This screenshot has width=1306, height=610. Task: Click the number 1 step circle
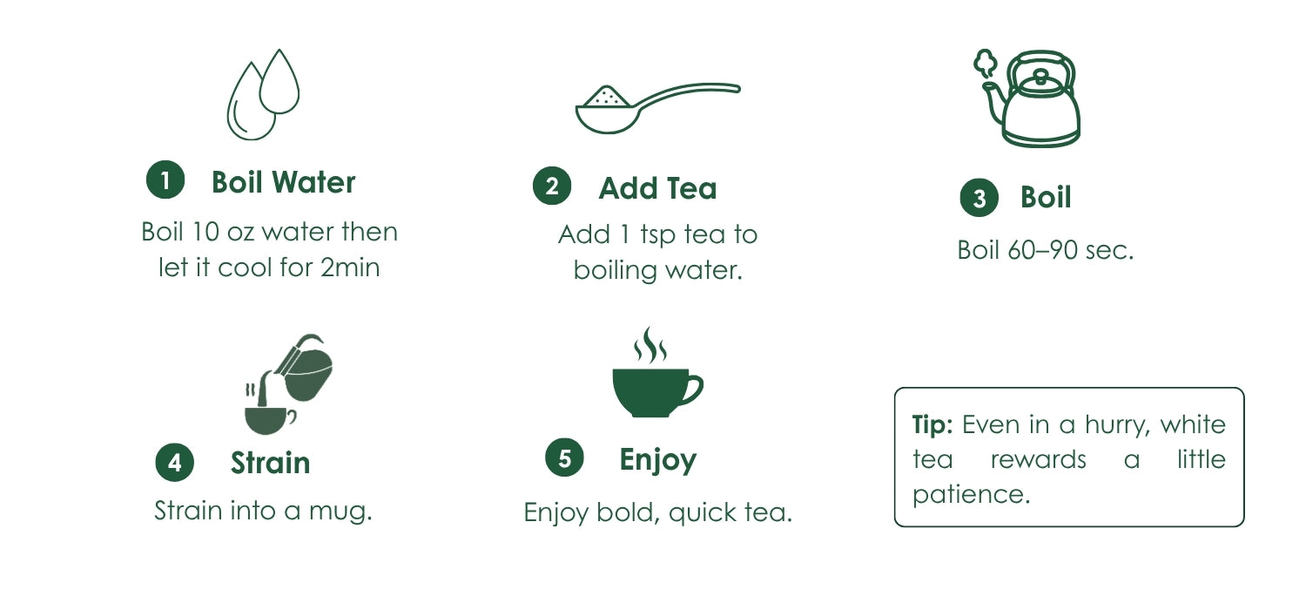[165, 180]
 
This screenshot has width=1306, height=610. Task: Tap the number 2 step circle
[552, 186]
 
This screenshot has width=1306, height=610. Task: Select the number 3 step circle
[979, 198]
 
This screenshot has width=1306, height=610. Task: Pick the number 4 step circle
[175, 463]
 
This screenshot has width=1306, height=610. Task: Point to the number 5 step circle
[564, 457]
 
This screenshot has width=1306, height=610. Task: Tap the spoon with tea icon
[657, 109]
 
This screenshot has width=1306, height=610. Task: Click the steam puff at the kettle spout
[985, 63]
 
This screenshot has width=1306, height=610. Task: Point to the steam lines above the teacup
[650, 344]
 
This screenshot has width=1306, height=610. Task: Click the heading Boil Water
[283, 182]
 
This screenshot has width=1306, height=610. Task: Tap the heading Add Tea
[657, 188]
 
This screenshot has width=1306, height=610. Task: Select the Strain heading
[271, 463]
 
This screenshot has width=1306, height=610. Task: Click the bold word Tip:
[932, 425]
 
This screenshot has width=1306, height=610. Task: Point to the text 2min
[350, 268]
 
